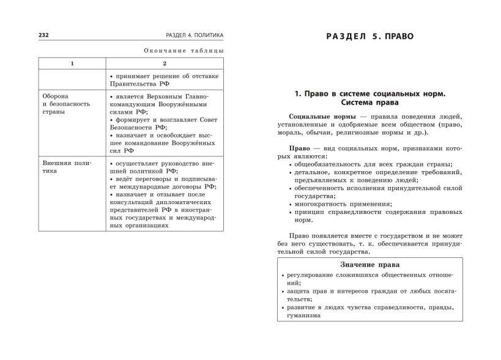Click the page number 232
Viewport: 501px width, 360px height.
coord(28,35)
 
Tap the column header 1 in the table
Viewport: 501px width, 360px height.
coord(72,64)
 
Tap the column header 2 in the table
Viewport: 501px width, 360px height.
coord(164,64)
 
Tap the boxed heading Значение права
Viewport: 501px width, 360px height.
coord(369,265)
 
